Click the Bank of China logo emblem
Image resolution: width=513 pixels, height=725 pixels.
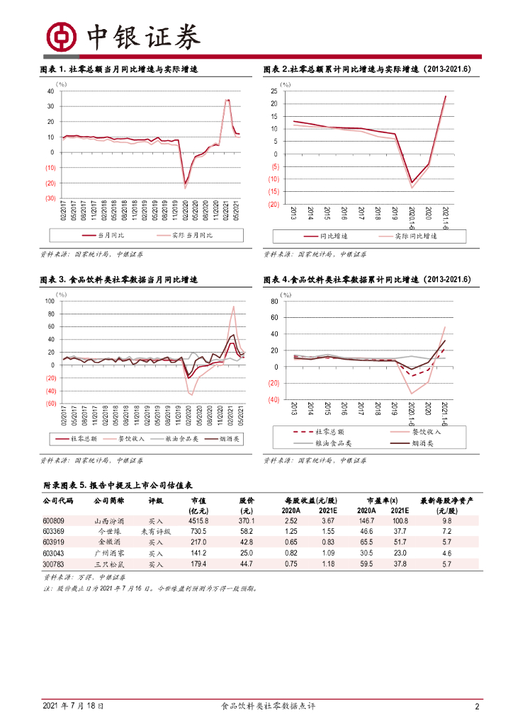[x=61, y=36]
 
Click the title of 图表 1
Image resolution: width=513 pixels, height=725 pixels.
[x=118, y=69]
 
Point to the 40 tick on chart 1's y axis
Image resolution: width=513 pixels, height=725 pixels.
[x=50, y=91]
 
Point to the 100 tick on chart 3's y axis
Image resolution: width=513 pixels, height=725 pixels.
[x=49, y=301]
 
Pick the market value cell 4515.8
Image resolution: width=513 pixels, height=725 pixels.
[x=197, y=520]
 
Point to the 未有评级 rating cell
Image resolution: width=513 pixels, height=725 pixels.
[x=155, y=532]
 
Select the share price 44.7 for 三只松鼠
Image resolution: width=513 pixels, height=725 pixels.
[x=247, y=564]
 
